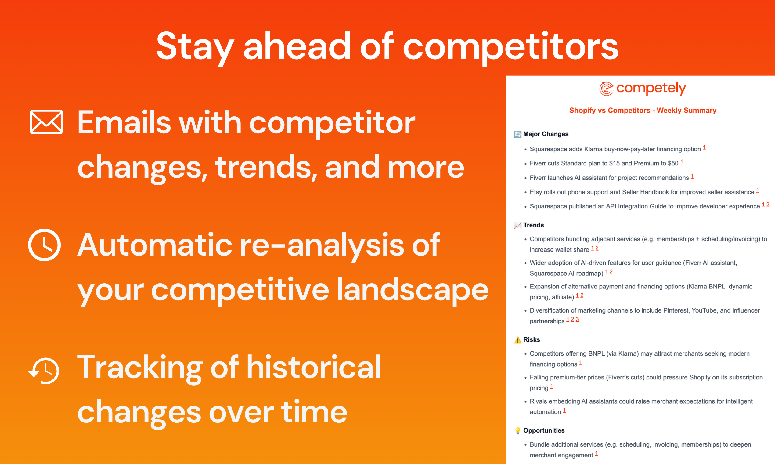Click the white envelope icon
tap(46, 122)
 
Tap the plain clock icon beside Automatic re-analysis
tap(44, 245)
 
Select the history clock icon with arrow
tap(44, 371)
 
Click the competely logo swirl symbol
tap(606, 89)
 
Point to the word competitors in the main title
tap(510, 47)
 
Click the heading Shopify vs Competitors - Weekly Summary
tap(643, 111)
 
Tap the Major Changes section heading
tap(546, 134)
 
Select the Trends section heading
tap(533, 225)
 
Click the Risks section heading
tap(532, 339)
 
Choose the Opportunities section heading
tap(544, 430)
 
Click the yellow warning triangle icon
tap(518, 340)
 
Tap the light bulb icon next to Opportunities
tap(518, 430)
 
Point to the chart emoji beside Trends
tap(518, 225)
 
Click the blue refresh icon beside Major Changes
tap(518, 134)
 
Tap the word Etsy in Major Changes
tap(536, 192)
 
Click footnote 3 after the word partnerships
tap(577, 319)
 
